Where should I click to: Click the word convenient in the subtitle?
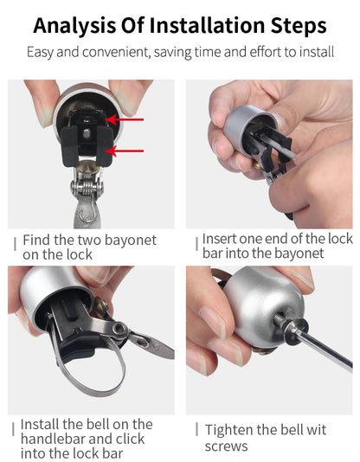tap(112, 52)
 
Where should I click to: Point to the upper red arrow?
tap(128, 120)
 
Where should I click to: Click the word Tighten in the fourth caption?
tap(229, 430)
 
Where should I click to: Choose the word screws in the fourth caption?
tap(226, 446)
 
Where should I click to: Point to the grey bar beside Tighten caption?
tap(196, 430)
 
